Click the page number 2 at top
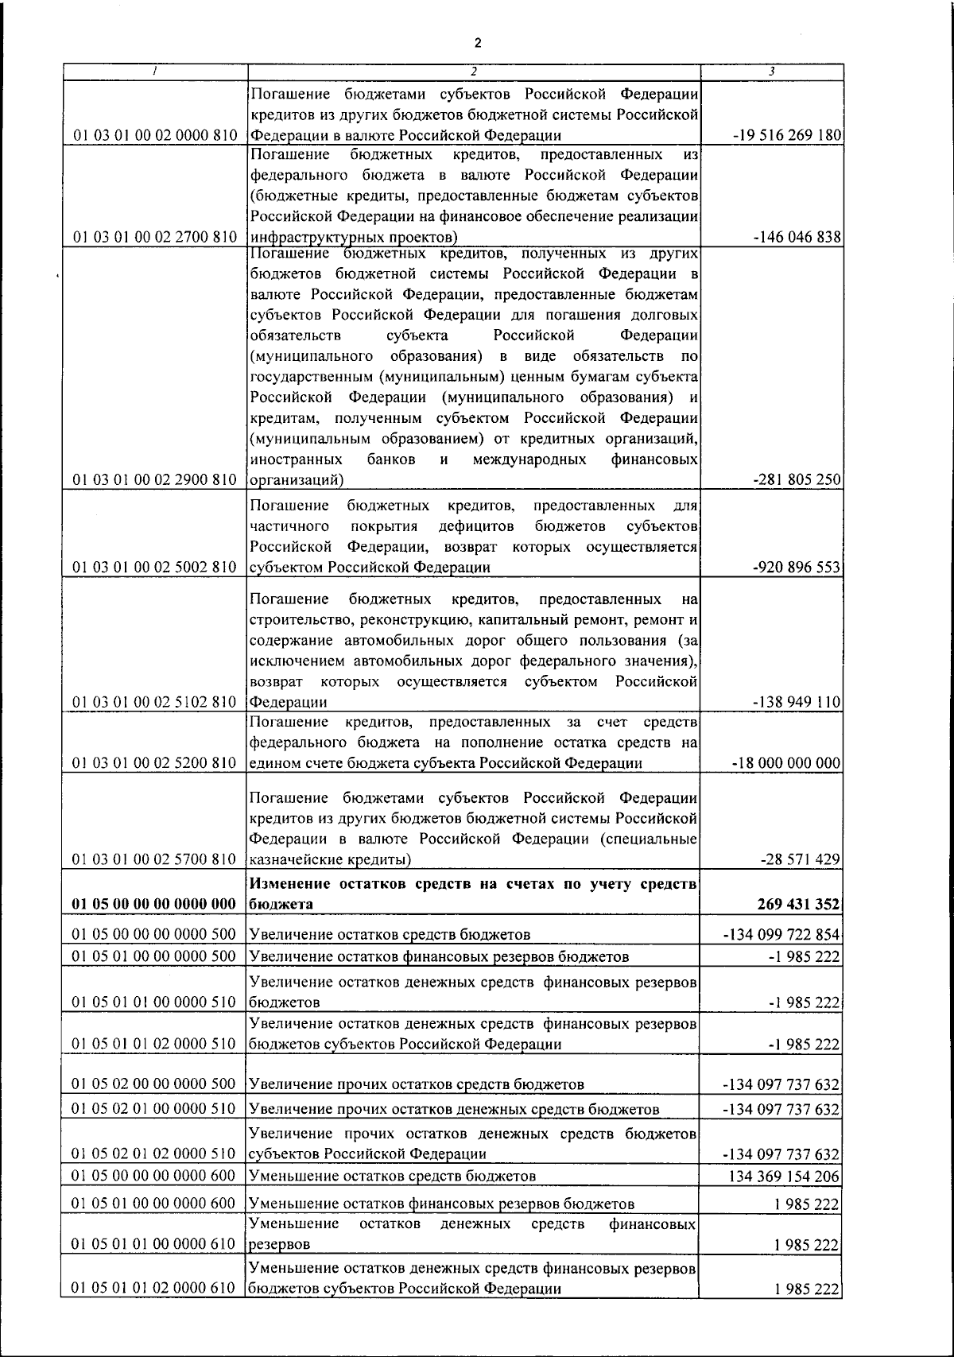tap(477, 42)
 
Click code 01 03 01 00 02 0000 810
tap(154, 136)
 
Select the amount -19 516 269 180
tap(787, 136)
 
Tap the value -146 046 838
tap(796, 237)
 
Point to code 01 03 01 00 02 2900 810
tap(154, 480)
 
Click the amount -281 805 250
tap(796, 480)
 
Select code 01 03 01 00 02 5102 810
tap(154, 702)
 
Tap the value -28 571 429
tap(800, 859)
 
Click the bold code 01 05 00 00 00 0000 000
tap(154, 905)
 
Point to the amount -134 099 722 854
tap(781, 935)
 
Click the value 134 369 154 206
tap(783, 1176)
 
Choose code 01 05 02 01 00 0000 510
tap(154, 1109)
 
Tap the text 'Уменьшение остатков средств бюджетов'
tap(393, 1176)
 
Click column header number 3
tap(771, 72)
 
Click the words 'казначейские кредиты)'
tap(331, 859)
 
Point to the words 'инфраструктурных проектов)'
tap(353, 237)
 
